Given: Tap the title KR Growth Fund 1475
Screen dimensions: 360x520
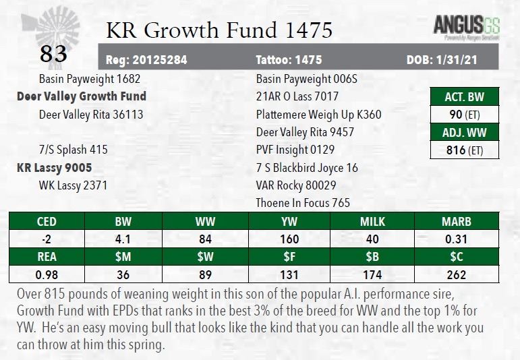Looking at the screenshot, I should coord(219,30).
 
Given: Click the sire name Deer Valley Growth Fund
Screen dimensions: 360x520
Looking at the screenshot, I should coord(82,96).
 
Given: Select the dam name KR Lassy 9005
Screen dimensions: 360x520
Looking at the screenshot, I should coord(54,167).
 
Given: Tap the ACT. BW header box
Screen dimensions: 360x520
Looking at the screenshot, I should coord(465,96).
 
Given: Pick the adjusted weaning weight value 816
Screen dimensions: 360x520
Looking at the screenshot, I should coord(456,150).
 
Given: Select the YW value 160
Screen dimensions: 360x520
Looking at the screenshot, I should coord(290,239).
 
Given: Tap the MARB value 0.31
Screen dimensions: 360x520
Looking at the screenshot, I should coord(456,239).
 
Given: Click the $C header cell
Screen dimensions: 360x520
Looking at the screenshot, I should coord(456,257).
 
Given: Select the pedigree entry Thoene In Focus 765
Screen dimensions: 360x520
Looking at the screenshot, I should coord(303,203).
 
